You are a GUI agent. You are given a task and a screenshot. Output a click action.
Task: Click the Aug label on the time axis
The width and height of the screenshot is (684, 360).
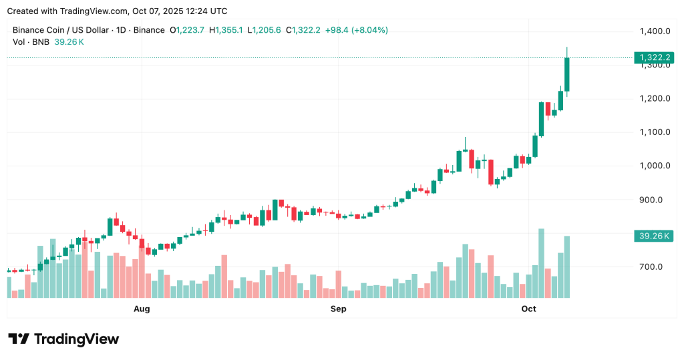point(142,309)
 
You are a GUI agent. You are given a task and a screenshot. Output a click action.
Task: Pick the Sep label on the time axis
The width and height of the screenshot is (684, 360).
point(339,309)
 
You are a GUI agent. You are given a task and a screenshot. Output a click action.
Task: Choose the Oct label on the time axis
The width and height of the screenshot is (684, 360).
point(528,309)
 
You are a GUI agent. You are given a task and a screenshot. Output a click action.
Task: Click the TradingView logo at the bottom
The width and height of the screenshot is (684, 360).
point(63,339)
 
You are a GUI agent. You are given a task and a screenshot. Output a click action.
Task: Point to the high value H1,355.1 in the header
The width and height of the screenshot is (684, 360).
point(226,30)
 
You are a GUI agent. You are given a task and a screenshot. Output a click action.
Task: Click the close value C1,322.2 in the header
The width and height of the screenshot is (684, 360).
point(303,30)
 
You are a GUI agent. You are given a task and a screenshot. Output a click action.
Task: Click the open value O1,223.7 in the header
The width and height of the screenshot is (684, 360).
point(188,30)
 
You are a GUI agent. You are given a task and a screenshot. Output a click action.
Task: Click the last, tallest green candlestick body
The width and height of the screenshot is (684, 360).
point(566,74)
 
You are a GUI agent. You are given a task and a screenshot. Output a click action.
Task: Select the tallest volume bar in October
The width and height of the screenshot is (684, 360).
point(541,263)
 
